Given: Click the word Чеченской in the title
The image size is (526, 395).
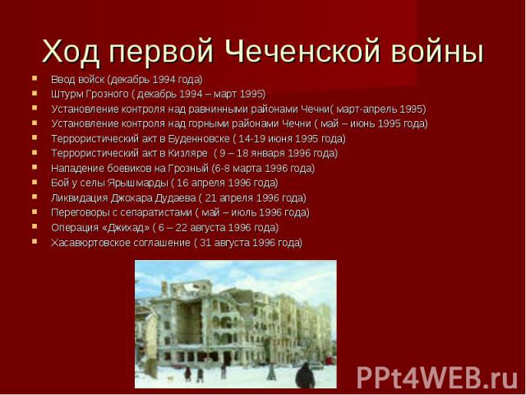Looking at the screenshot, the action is point(302,51).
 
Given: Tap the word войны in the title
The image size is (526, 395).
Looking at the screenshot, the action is point(437,51).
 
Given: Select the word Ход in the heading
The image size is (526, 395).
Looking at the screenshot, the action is point(71,52).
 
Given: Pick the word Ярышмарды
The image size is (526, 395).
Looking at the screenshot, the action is point(138,183).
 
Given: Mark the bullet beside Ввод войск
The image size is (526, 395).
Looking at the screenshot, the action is point(35,79).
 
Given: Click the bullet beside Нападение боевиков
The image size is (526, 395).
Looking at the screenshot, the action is point(35,167).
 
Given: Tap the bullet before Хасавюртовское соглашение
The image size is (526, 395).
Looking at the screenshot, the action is point(35,241).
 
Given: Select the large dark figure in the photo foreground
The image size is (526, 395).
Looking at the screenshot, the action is point(305,375).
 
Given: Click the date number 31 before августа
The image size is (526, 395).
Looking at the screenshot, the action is point(205,243).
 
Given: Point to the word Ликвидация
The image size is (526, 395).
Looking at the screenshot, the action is point(80,197).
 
